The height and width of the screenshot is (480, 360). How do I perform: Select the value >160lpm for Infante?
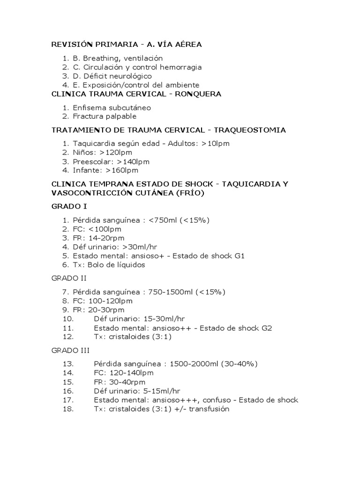tap(122, 170)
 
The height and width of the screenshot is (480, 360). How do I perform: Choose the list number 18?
tap(68, 409)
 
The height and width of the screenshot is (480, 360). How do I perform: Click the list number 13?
tap(68, 364)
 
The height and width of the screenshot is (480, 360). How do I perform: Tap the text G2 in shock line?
tap(267, 328)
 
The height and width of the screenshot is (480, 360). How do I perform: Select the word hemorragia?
tap(178, 67)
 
